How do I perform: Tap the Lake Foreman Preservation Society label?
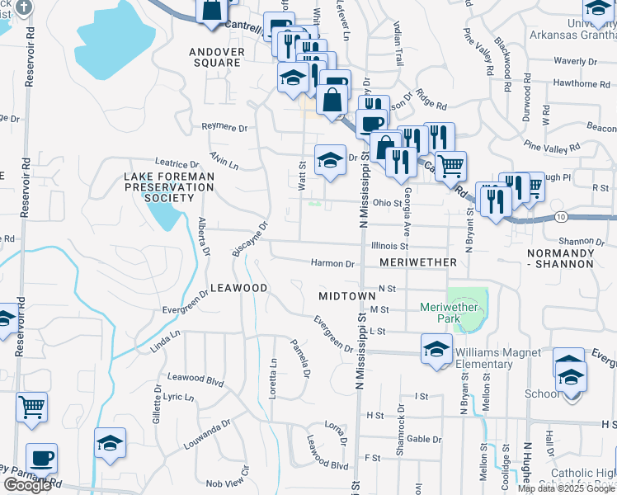click(x=169, y=187)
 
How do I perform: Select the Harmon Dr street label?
click(x=332, y=264)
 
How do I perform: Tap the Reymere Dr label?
click(x=225, y=128)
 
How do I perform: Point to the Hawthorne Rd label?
click(x=576, y=83)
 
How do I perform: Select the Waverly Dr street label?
click(x=575, y=61)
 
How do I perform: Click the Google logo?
click(x=27, y=485)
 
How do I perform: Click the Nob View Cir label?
click(x=227, y=482)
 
